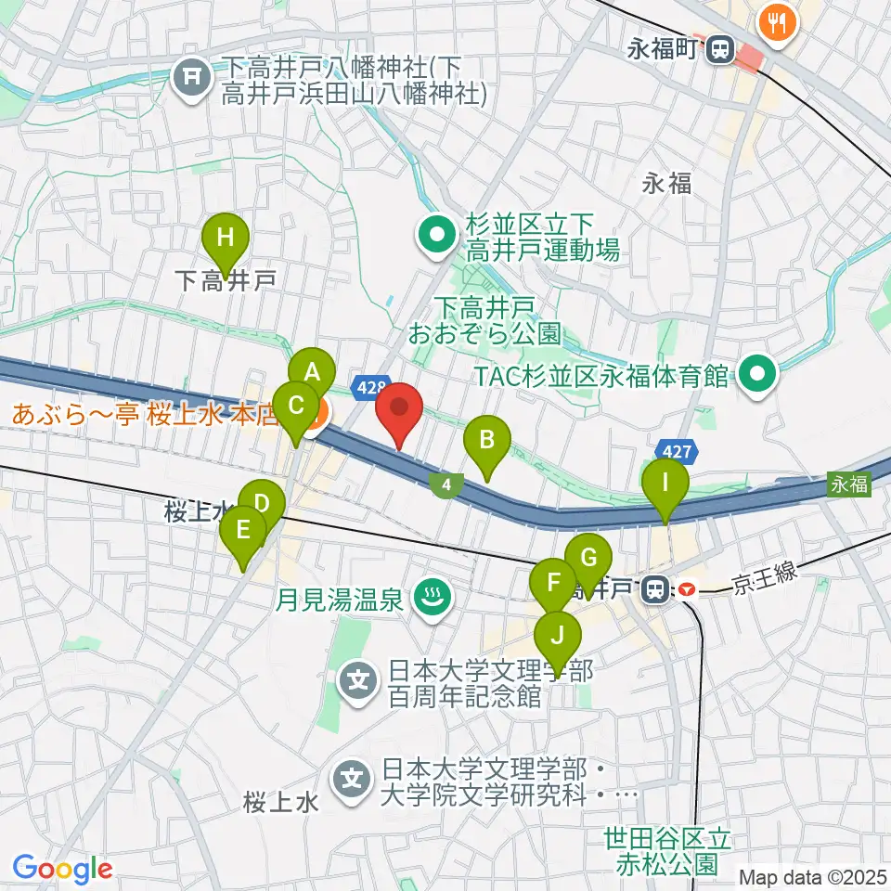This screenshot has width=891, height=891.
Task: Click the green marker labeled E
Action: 243,533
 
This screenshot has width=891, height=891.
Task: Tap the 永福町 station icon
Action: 718,51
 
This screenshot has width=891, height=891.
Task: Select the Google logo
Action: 63,869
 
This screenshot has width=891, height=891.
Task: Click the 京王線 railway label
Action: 764,577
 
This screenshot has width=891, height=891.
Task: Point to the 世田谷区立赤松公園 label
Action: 666,851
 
